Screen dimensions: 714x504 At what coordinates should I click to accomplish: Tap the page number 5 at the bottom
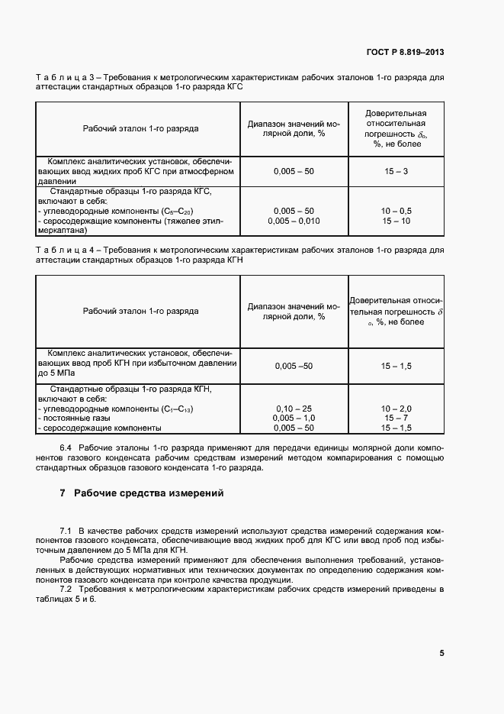[442, 653]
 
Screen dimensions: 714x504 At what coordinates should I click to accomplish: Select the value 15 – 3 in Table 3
[396, 172]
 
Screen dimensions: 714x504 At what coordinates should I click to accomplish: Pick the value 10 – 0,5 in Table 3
[396, 211]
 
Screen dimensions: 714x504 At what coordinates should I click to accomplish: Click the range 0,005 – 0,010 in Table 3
[294, 221]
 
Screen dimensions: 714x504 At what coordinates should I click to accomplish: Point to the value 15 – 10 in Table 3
[396, 221]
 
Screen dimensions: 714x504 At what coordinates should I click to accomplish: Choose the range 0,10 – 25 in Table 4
[294, 409]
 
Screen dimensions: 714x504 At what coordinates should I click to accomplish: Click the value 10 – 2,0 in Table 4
[396, 409]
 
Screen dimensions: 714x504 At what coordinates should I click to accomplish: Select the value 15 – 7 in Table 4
[396, 418]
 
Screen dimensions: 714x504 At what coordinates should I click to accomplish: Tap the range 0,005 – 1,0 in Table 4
[294, 418]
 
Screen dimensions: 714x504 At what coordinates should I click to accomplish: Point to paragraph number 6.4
[66, 446]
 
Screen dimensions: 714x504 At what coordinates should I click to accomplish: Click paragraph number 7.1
[66, 530]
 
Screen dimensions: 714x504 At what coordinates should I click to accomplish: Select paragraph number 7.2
[66, 590]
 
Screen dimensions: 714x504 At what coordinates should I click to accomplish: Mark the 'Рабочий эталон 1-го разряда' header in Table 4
[140, 312]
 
